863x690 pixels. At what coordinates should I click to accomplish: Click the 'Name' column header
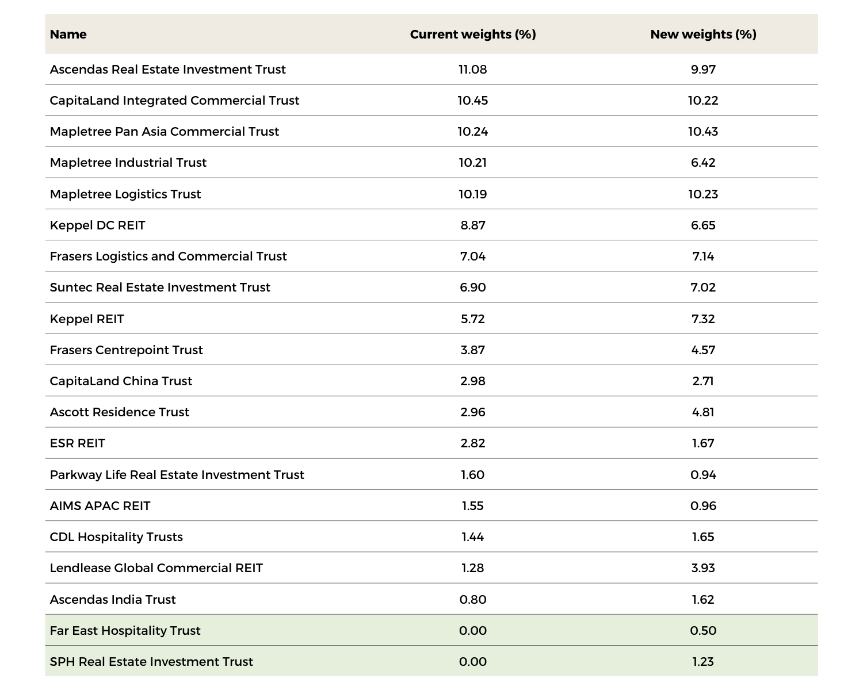(68, 34)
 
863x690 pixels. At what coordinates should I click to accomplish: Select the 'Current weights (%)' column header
(473, 34)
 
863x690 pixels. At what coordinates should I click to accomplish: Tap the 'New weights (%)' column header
(703, 34)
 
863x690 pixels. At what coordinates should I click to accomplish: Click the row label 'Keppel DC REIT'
(97, 225)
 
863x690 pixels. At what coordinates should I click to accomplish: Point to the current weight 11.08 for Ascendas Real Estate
(473, 70)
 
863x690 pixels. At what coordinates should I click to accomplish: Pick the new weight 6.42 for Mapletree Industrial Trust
(703, 163)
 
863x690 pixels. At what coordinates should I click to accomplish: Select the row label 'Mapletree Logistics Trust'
(125, 194)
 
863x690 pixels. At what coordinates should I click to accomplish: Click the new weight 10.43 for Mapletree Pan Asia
(703, 132)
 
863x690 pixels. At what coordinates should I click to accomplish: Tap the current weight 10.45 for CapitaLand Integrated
(473, 101)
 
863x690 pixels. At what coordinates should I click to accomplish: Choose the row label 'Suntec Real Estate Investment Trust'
(160, 287)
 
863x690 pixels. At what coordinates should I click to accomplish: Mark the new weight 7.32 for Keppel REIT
(703, 319)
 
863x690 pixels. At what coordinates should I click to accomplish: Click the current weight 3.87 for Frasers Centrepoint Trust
(473, 350)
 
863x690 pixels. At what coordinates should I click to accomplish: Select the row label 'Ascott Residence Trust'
(120, 412)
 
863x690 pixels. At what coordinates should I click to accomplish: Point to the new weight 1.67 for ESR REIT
(703, 443)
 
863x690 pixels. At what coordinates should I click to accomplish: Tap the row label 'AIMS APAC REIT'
(100, 506)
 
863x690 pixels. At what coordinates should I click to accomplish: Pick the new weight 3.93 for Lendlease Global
(703, 568)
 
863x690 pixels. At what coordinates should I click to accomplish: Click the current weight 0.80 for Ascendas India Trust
(473, 600)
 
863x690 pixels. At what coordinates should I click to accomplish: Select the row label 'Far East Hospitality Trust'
(125, 631)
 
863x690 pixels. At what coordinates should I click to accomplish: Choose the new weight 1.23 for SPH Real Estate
(703, 662)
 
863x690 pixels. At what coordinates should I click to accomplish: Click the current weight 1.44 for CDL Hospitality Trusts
(473, 537)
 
